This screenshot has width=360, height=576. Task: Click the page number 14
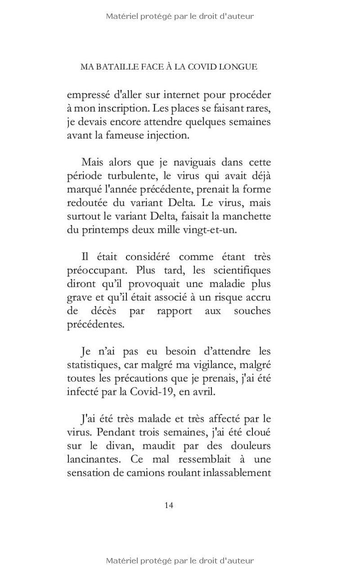(x=169, y=505)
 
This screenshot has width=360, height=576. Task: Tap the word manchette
(x=249, y=216)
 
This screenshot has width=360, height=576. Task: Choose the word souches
(x=252, y=311)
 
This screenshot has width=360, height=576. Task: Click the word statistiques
(x=94, y=365)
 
